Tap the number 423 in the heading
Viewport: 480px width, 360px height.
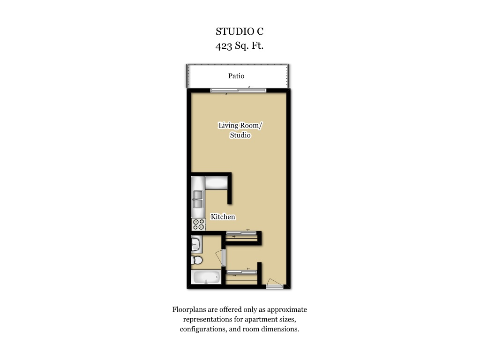click(x=224, y=45)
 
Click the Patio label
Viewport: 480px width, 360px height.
click(x=236, y=76)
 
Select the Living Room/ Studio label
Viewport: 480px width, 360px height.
click(x=240, y=130)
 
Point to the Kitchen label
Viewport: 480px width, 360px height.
click(x=223, y=217)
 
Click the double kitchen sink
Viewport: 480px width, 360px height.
click(x=198, y=199)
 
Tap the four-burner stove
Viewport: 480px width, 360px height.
click(x=198, y=225)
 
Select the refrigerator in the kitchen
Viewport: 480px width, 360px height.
click(x=216, y=183)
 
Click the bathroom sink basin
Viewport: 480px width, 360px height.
click(x=195, y=244)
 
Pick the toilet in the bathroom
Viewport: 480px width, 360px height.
click(x=197, y=261)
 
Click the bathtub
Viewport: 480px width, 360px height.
click(x=206, y=277)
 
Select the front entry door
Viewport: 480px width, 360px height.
click(x=274, y=284)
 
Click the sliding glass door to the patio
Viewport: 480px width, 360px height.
click(x=238, y=90)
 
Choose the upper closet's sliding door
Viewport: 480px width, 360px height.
click(x=241, y=233)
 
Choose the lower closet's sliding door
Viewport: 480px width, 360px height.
click(x=241, y=272)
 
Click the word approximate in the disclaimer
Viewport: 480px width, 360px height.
click(x=287, y=309)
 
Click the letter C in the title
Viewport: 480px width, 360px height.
click(x=260, y=31)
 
